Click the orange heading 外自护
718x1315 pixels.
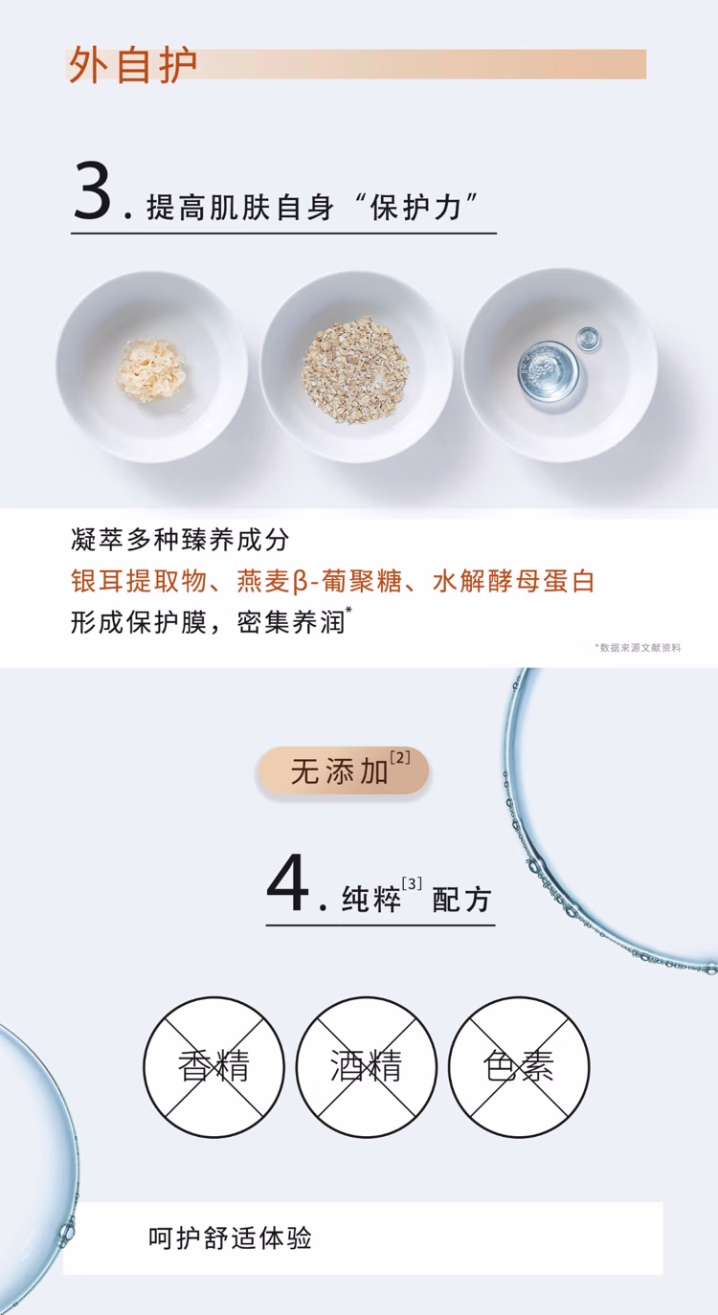pos(133,64)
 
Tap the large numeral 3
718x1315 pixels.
pos(92,191)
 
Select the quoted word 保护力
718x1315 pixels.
pos(415,207)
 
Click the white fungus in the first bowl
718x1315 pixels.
pos(151,369)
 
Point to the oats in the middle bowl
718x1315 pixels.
pos(354,368)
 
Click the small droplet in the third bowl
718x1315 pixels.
pos(588,340)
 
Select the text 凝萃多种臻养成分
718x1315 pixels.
pos(180,540)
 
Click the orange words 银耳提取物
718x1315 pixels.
pos(139,581)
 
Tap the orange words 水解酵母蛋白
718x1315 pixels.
pos(514,581)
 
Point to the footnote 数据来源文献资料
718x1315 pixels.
pos(639,648)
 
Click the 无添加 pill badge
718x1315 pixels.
pos(344,770)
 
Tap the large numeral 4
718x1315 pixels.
pos(288,883)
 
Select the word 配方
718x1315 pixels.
pos(461,900)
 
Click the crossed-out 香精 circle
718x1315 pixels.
pos(213,1066)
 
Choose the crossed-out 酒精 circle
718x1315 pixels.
pos(367,1066)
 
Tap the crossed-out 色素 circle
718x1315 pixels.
pos(519,1066)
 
